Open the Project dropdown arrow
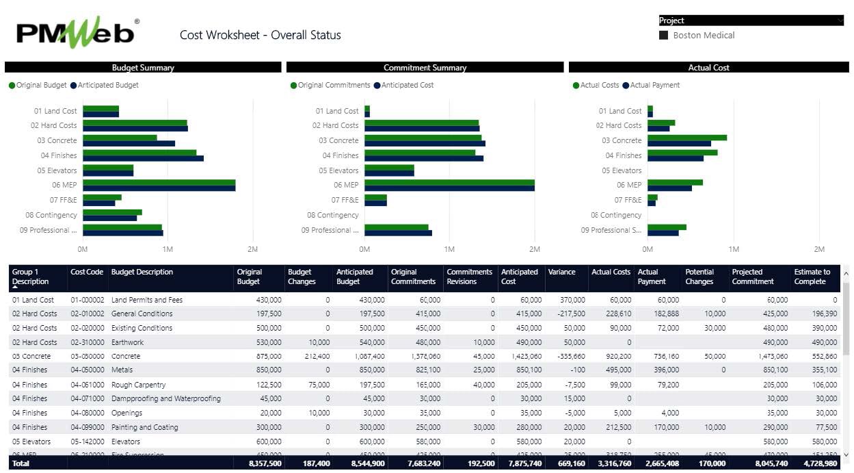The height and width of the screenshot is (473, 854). (x=840, y=21)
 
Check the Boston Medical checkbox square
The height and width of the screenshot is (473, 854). (x=663, y=35)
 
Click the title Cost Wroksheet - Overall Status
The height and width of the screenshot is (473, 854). (x=260, y=35)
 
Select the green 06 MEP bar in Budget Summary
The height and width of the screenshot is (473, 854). (x=159, y=182)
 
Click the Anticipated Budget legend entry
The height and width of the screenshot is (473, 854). (x=108, y=86)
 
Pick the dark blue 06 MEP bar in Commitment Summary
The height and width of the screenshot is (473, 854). (x=449, y=188)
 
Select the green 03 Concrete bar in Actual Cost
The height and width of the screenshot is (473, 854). (x=686, y=138)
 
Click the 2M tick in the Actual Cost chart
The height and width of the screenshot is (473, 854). (x=819, y=249)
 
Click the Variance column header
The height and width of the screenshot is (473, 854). (x=561, y=272)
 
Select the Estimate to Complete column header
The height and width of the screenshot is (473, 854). (x=812, y=277)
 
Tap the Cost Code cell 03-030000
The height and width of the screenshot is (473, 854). (x=88, y=357)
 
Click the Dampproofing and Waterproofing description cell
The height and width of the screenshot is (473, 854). (x=166, y=399)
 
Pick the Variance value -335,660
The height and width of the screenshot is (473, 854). (x=568, y=357)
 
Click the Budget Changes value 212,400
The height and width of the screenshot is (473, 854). (x=315, y=357)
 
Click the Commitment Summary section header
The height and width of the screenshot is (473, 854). (x=425, y=68)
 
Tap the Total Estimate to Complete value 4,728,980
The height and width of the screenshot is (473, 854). (x=816, y=463)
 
